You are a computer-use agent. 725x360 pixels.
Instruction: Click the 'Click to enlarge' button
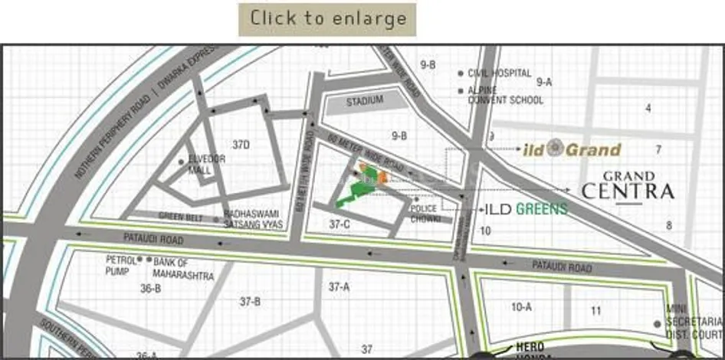point(327,19)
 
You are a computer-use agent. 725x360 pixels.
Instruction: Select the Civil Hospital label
point(500,74)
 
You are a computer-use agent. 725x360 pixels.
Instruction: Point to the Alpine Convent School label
point(505,95)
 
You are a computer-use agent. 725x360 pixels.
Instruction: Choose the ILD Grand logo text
point(572,149)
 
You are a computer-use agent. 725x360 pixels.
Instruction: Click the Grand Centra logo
point(628,186)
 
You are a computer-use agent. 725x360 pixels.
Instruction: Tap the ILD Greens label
point(526,208)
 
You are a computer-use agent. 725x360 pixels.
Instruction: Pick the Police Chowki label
point(424,214)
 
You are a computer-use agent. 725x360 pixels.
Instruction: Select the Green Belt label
point(182,216)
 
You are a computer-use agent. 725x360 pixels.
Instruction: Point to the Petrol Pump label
point(121,264)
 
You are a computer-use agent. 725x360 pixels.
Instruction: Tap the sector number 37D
point(241,144)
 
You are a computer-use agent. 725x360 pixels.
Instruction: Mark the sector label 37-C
point(340,224)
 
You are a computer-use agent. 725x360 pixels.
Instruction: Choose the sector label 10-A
point(521,307)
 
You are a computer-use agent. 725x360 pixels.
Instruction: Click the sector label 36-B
point(150,289)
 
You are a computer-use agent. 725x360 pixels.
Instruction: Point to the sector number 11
point(596,310)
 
